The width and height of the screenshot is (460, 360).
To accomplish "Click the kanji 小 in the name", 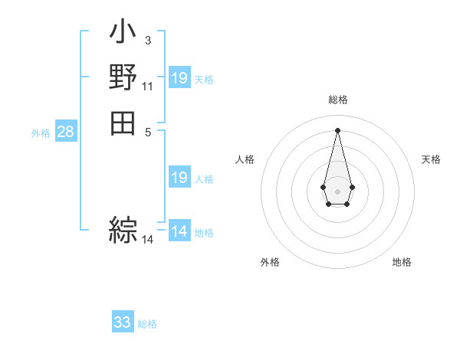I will click(123, 33).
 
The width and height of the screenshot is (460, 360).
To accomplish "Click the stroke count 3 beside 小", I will click(147, 39).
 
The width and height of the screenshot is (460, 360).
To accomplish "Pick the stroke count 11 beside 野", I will click(147, 86).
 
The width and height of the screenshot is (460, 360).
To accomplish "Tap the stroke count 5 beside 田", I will click(147, 131).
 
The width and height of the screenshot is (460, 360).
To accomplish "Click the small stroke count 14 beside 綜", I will click(147, 240).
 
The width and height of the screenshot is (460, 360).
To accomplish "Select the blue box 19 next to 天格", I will click(179, 77).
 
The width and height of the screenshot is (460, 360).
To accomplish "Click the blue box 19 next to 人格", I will click(179, 178).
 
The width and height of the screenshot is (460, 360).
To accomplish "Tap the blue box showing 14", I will click(179, 231).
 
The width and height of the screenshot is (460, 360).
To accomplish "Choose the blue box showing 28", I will click(66, 132).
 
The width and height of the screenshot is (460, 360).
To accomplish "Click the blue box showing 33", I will click(123, 322).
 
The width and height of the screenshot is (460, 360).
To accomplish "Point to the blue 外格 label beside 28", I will click(41, 133).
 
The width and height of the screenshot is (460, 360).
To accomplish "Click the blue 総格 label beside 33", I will click(147, 324).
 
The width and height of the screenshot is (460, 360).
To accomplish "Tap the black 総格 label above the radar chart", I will click(337, 100).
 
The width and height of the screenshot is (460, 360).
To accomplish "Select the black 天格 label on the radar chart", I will click(431, 159).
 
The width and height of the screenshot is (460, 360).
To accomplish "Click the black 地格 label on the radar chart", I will click(402, 262).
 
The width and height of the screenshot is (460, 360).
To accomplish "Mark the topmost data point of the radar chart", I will click(337, 129).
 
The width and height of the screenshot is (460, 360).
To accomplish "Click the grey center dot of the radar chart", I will click(337, 190).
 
